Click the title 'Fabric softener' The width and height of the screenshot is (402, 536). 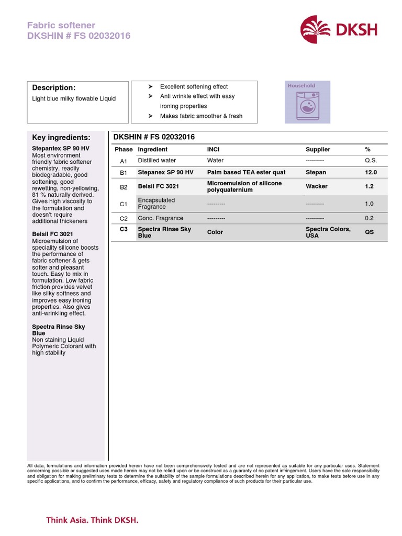click(61, 25)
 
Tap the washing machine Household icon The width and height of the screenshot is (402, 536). click(307, 102)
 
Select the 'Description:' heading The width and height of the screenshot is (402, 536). click(54, 87)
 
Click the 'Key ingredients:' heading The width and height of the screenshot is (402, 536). click(61, 138)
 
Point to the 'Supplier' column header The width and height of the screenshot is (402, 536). click(318, 150)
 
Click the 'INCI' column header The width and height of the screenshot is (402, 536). click(213, 150)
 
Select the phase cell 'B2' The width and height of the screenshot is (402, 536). click(124, 187)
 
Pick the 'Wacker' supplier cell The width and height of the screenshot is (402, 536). click(316, 186)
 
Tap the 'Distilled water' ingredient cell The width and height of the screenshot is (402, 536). click(157, 161)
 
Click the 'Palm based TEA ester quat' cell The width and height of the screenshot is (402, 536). click(246, 172)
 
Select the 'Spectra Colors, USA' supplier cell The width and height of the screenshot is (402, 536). click(328, 232)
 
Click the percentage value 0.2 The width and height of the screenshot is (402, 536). click(369, 218)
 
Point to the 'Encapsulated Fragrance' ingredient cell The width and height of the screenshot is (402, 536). click(156, 204)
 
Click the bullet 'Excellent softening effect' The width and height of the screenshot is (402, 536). click(194, 87)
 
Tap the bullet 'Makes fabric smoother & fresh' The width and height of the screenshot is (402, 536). click(201, 116)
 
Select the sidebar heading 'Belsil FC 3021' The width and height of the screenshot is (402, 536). click(52, 234)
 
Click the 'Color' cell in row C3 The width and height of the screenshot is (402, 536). click(215, 232)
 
